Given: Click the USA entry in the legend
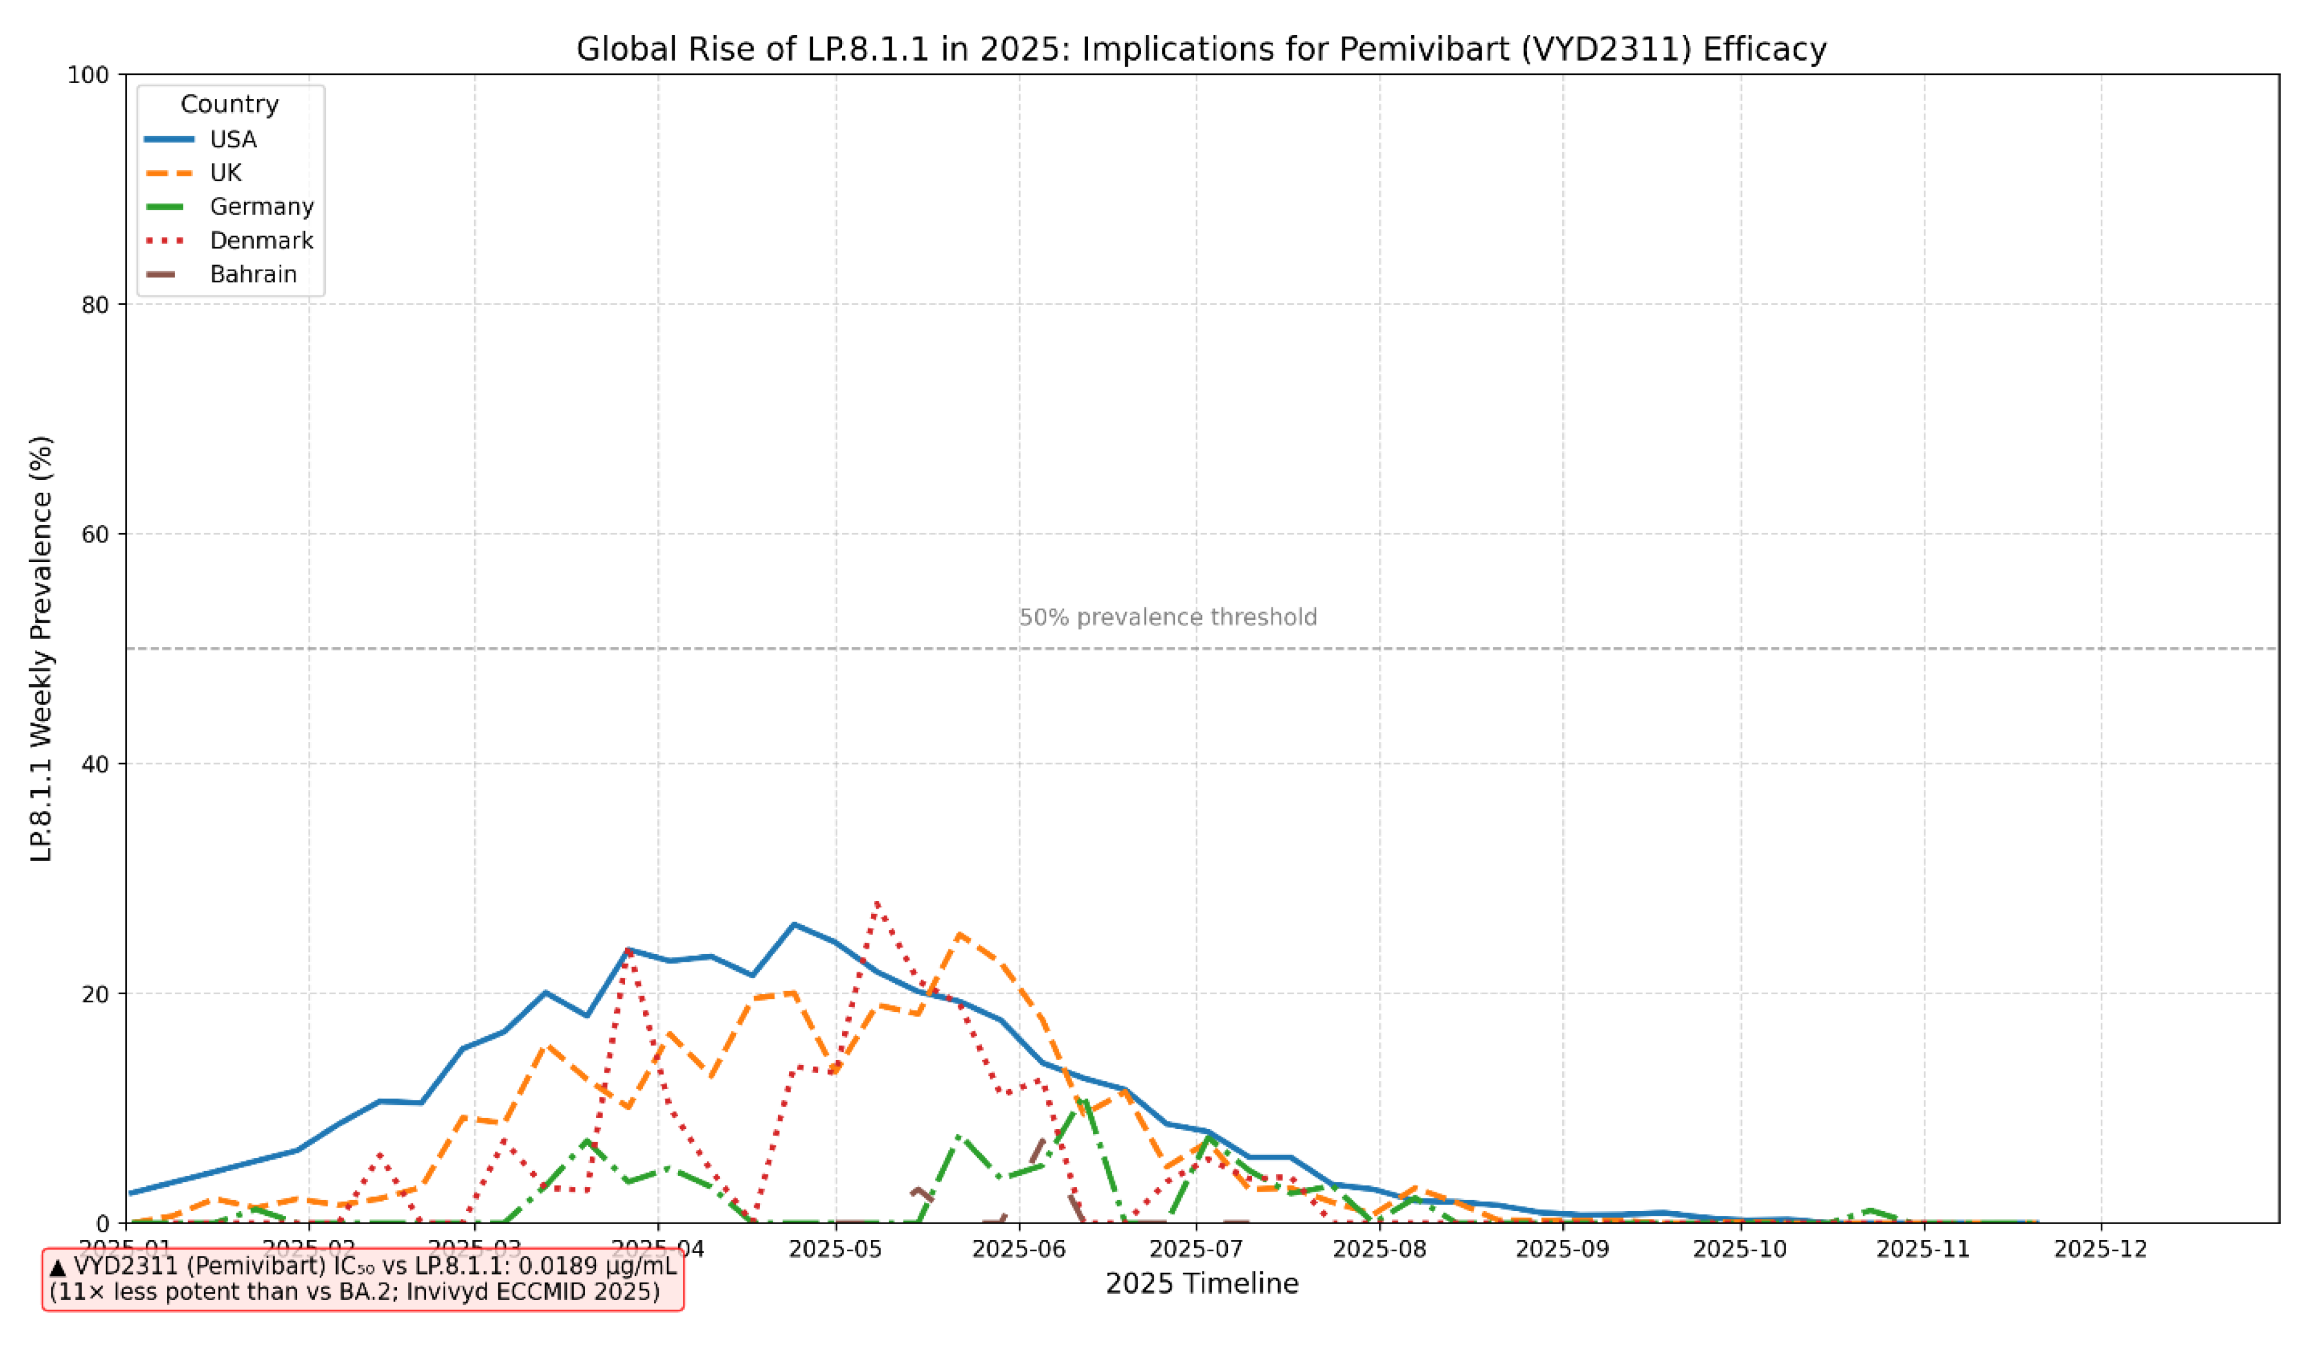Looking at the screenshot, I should [x=233, y=139].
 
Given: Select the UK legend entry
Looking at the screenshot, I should [x=225, y=173].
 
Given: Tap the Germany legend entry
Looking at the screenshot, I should [x=261, y=207].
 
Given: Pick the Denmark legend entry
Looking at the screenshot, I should [x=261, y=241].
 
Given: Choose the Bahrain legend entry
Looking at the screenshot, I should [x=253, y=275].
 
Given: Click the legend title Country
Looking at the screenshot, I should [x=229, y=104].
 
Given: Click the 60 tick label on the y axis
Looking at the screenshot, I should [x=96, y=534].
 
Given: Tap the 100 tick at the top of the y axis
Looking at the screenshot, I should [x=89, y=75].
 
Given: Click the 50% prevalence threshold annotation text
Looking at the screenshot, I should [x=1168, y=618].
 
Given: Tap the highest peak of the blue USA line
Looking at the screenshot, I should [x=794, y=924].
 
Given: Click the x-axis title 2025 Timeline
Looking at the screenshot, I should [x=1202, y=1284].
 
